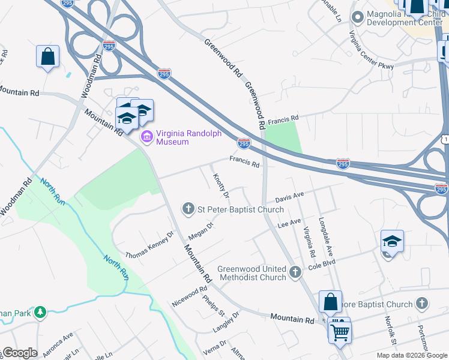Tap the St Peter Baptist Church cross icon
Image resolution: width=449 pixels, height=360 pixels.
tap(188, 209)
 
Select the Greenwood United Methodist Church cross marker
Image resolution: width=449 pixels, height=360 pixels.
tap(295, 273)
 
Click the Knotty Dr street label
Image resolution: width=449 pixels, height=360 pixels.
tap(220, 186)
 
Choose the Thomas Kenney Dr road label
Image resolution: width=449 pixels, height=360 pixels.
tap(149, 245)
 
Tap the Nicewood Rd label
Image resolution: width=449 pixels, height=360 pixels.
tap(190, 296)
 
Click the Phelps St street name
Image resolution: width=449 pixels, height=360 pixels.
tap(213, 306)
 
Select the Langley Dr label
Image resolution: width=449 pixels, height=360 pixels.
tap(226, 322)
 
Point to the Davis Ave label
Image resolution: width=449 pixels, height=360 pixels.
tap(290, 196)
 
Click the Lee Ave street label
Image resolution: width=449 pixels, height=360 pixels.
tap(289, 223)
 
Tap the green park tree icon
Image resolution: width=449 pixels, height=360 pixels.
tap(40, 312)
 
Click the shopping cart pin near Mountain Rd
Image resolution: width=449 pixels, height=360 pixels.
tap(339, 331)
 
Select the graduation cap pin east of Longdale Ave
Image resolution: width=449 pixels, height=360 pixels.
tap(392, 242)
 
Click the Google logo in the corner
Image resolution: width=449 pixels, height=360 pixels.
tap(19, 353)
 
